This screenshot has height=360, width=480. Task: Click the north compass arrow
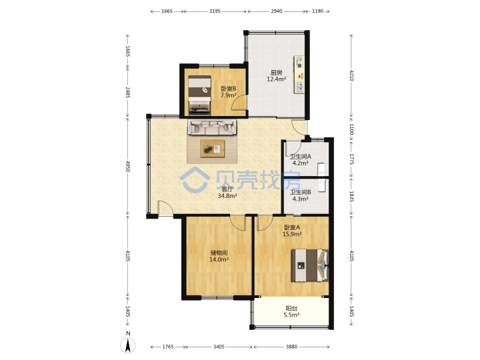point(127,345)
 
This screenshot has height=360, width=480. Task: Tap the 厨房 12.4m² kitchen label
point(276,76)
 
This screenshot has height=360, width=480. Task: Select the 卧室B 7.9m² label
point(229,92)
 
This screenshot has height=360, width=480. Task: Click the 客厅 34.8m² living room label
point(227,193)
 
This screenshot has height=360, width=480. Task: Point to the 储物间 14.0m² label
point(219,256)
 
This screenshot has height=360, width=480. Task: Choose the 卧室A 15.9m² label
point(292,231)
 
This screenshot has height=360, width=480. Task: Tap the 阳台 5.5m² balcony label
point(291,311)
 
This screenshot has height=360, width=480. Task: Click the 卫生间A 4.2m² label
point(300,160)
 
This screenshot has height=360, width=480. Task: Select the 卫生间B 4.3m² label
point(300,195)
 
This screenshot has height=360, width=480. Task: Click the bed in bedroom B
point(199,95)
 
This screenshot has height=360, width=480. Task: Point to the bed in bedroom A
point(309,265)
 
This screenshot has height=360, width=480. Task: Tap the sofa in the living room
point(212,127)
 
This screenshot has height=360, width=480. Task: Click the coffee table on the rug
point(213,149)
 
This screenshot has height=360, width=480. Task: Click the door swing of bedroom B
point(239,102)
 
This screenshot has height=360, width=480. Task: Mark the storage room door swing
point(238,223)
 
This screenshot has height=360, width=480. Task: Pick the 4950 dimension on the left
point(127,166)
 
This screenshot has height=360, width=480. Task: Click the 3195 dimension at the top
point(215,11)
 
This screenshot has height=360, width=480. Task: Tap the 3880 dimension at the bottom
point(291,347)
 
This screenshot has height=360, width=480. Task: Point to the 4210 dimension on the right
point(351,75)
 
